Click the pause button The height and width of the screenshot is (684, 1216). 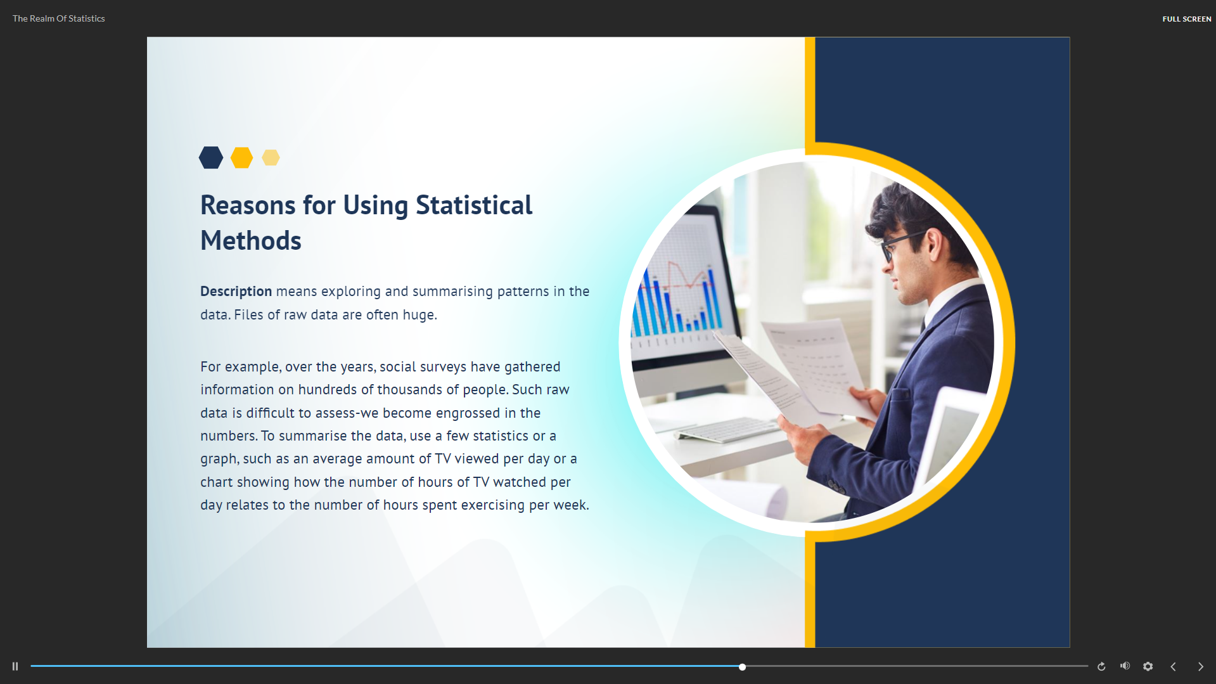[x=15, y=666]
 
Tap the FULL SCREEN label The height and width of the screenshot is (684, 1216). [x=1186, y=19]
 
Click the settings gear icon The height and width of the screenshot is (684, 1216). [x=1148, y=666]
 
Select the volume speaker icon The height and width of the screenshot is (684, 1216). [x=1125, y=666]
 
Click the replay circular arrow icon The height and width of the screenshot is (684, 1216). [x=1101, y=666]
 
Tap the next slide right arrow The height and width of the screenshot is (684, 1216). [x=1200, y=666]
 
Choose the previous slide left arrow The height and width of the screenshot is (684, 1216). [x=1173, y=666]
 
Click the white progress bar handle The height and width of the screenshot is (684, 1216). [x=742, y=667]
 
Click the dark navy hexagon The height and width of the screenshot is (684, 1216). [x=211, y=157]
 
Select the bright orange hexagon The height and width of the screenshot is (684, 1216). [x=241, y=157]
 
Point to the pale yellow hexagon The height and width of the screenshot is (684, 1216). [x=271, y=157]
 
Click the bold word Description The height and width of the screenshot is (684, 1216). [x=236, y=292]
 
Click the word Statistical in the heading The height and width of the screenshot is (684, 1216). [x=474, y=205]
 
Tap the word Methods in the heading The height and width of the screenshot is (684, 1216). [x=251, y=241]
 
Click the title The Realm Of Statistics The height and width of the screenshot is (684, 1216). [x=59, y=18]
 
